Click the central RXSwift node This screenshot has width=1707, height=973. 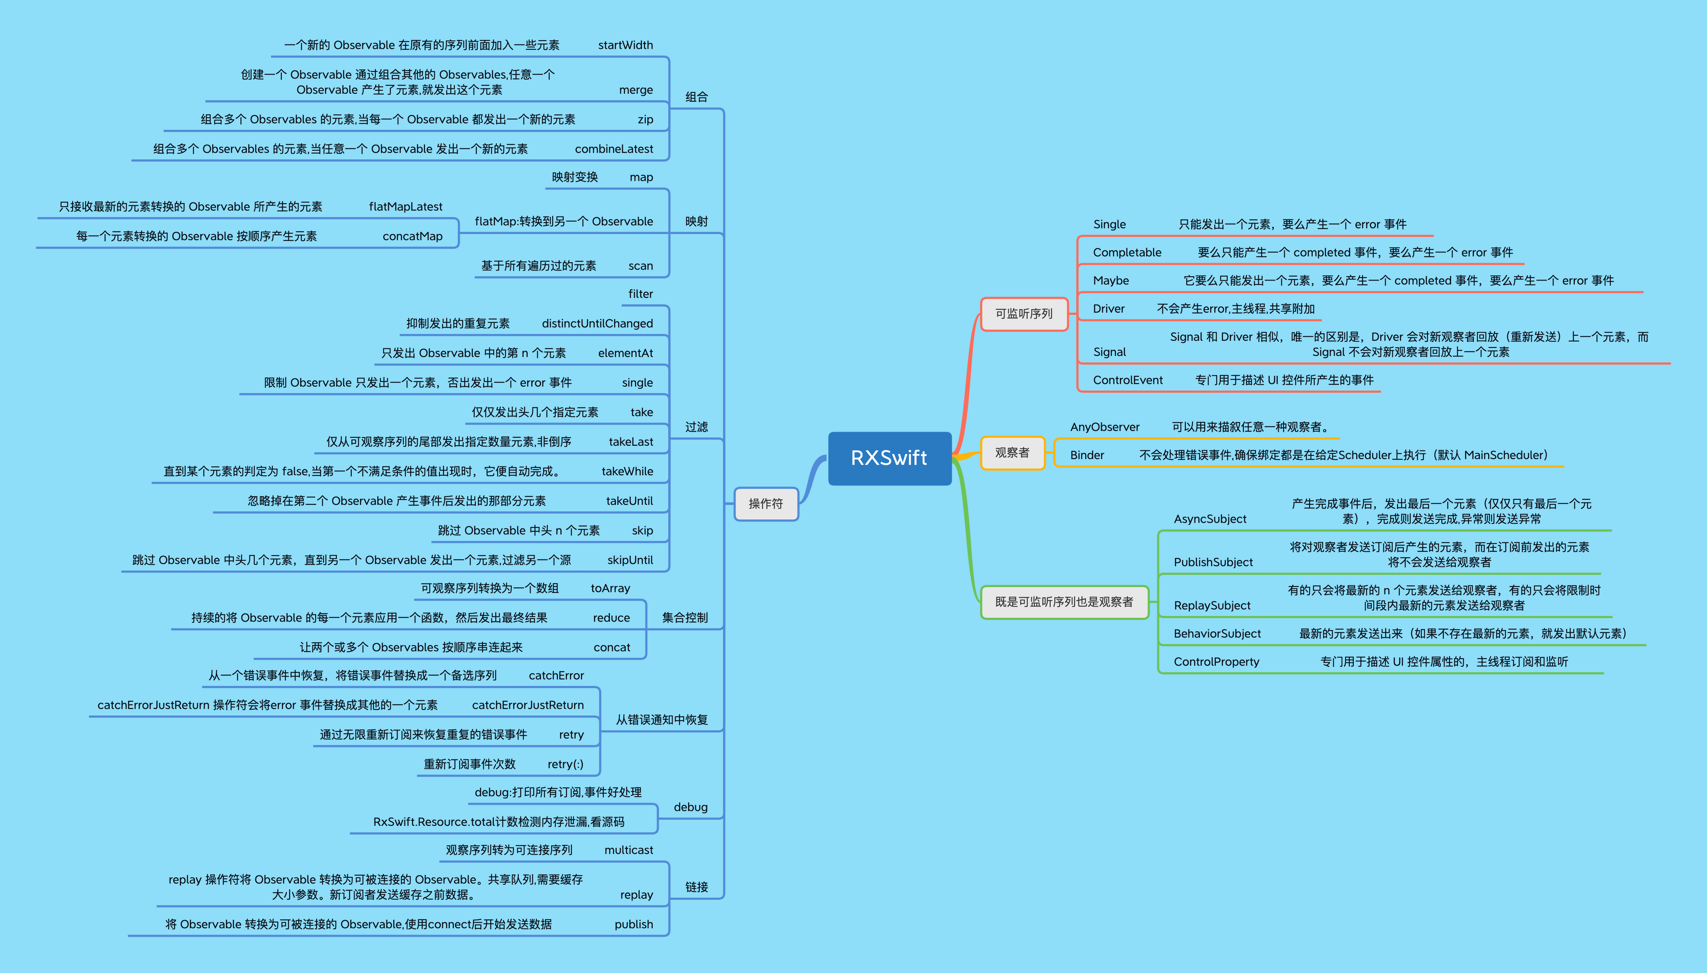click(x=889, y=458)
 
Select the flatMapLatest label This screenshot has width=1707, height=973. click(x=405, y=207)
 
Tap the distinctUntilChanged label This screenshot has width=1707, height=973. click(x=597, y=323)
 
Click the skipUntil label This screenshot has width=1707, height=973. click(x=630, y=560)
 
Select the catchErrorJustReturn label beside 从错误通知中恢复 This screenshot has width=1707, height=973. click(x=528, y=705)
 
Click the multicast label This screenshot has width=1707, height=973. click(x=629, y=850)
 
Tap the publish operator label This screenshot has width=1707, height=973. click(x=634, y=924)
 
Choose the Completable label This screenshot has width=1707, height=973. click(x=1127, y=252)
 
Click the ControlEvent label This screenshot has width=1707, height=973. click(x=1127, y=380)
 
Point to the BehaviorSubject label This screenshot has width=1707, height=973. click(x=1217, y=634)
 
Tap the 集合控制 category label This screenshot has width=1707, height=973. click(x=684, y=617)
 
